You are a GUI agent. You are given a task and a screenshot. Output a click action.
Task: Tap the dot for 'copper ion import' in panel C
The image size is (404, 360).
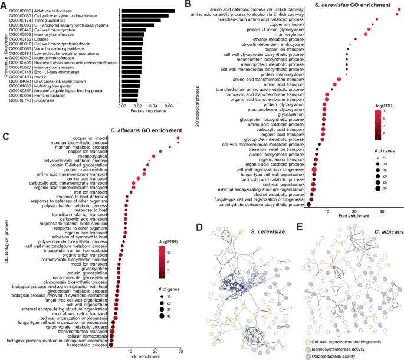178,138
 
